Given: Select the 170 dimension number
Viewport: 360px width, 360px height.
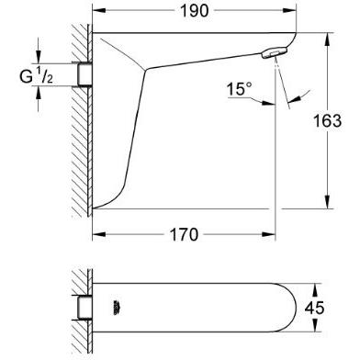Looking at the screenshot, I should [x=185, y=235].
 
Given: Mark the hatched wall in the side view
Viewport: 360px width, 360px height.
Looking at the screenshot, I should [x=81, y=129].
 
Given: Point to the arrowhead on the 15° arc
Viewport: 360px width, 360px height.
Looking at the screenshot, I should [x=287, y=99].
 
